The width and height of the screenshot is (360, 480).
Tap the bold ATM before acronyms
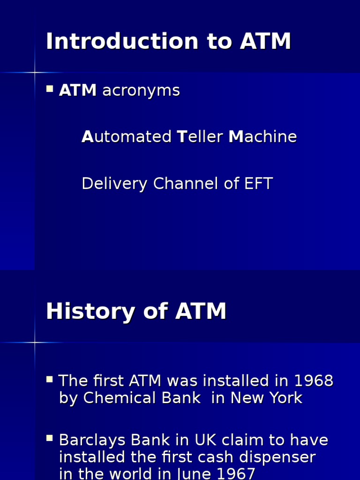coord(78,90)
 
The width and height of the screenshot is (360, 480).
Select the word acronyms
coord(141,90)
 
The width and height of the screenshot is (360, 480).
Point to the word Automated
coord(127,137)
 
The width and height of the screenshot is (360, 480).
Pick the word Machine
coord(262,137)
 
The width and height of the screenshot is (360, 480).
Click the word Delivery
coord(115,184)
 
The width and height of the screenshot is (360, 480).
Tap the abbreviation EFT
coord(258,184)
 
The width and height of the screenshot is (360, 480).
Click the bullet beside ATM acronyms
coord(50,88)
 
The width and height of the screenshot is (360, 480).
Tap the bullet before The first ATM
coord(50,379)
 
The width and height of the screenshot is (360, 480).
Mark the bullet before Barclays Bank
coord(50,438)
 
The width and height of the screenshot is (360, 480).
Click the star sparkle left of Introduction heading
coord(35,72)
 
